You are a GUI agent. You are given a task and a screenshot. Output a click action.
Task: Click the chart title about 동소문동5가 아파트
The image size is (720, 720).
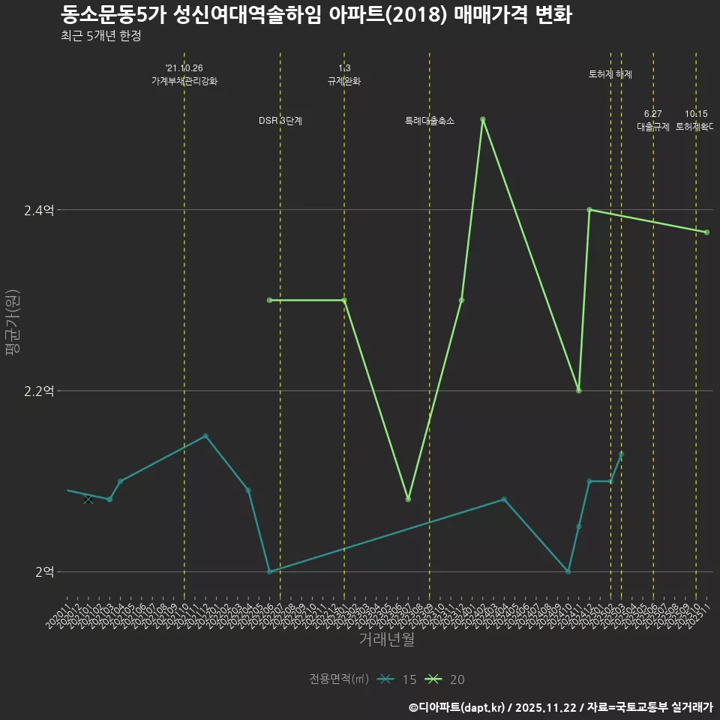click(x=316, y=15)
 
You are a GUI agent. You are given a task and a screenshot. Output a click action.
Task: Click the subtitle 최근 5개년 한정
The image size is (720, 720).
click(x=100, y=36)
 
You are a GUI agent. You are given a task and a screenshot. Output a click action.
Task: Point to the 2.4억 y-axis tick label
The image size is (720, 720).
click(x=39, y=211)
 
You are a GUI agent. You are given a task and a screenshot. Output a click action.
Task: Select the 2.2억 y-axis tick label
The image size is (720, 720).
click(x=39, y=391)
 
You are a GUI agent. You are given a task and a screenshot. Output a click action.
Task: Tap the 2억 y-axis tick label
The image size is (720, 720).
click(x=44, y=572)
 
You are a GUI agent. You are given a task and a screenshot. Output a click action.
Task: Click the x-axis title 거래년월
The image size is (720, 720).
click(x=386, y=640)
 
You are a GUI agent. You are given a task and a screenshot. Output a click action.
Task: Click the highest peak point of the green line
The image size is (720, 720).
click(x=483, y=119)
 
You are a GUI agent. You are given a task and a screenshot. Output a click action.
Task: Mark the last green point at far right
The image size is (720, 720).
click(x=706, y=232)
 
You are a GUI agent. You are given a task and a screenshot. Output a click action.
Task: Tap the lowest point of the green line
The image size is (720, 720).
click(x=408, y=499)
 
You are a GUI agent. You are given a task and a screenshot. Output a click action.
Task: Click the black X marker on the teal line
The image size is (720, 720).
click(x=88, y=499)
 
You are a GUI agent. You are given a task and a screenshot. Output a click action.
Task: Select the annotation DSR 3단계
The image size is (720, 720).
click(x=280, y=121)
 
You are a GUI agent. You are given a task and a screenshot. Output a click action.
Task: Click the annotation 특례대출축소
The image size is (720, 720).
click(x=430, y=121)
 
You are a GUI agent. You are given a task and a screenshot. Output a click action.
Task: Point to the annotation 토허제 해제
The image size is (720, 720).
click(x=610, y=74)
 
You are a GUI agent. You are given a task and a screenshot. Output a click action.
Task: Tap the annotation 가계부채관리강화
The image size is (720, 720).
click(x=184, y=81)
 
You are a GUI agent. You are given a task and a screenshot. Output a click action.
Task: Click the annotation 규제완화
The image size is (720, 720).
click(x=344, y=81)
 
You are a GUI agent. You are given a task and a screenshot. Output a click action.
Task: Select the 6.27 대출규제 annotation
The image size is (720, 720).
click(x=652, y=121)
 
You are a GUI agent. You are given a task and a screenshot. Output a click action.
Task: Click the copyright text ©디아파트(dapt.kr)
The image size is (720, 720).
click(x=457, y=706)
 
